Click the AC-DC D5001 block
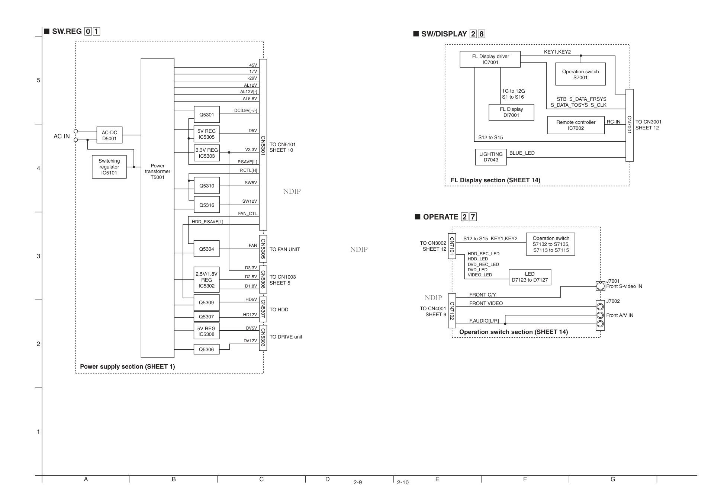tap(109, 135)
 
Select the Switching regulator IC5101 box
tap(109, 167)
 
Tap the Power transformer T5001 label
tap(157, 171)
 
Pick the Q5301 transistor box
tap(206, 115)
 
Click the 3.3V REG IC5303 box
tap(206, 153)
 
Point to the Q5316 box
tap(206, 205)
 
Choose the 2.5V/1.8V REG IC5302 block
tap(206, 280)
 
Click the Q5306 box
tap(206, 349)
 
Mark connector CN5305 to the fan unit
tap(263, 248)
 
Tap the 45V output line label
tap(253, 65)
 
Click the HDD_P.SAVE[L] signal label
tap(207, 222)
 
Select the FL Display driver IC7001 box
tap(490, 59)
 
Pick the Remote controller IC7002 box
tap(576, 125)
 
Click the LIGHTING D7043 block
tap(490, 157)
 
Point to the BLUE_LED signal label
tap(522, 153)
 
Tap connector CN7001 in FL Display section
tap(629, 125)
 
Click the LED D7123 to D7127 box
tap(530, 277)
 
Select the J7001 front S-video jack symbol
tap(600, 286)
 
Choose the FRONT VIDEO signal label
tap(486, 303)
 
